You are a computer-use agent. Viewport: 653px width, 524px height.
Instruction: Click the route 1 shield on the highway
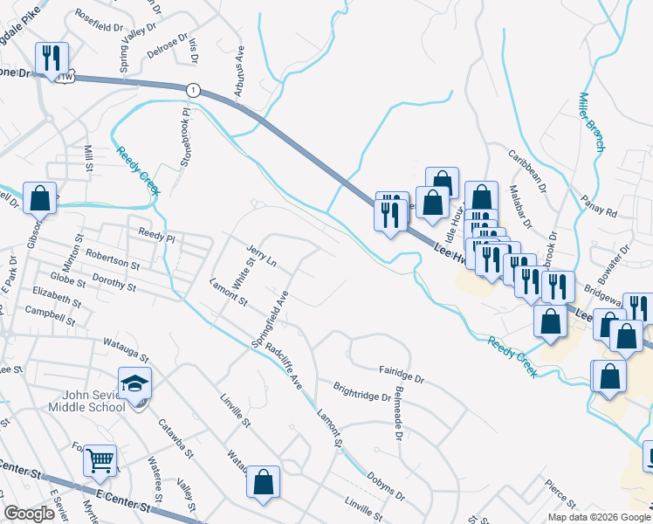click(193, 89)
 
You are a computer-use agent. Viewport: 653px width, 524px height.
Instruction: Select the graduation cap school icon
click(136, 384)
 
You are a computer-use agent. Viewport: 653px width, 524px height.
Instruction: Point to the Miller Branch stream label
click(592, 121)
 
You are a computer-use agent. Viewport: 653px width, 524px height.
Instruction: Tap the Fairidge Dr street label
click(401, 375)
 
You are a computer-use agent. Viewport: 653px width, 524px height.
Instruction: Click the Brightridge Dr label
click(362, 390)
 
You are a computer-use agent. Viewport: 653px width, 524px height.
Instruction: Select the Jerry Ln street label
click(261, 256)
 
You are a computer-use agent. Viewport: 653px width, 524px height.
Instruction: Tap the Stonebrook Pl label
click(185, 138)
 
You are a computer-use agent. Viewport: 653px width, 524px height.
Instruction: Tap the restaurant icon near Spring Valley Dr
click(52, 59)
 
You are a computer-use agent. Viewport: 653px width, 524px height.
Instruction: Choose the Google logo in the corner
click(29, 514)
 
